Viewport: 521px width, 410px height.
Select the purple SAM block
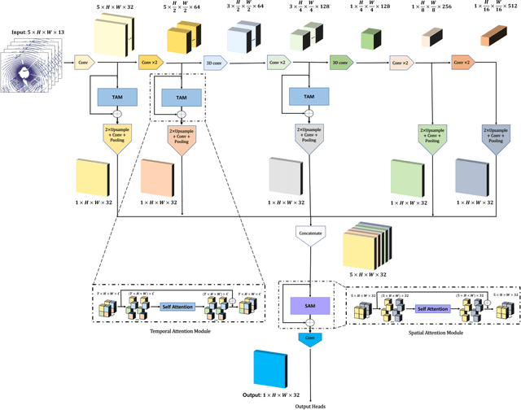coord(306,305)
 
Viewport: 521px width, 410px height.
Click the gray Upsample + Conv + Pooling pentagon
coord(313,137)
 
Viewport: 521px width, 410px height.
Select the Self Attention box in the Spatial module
coord(432,309)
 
